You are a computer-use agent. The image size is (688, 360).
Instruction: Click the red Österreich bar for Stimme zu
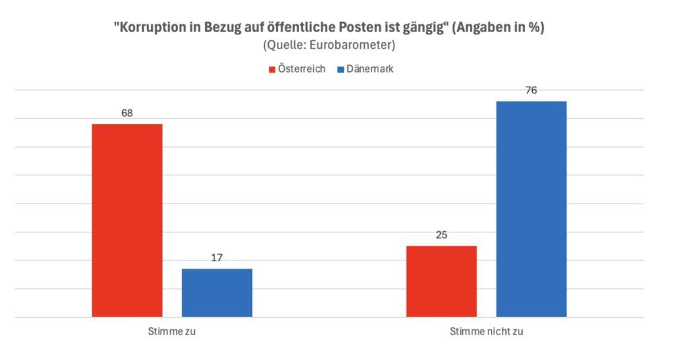pyautogui.click(x=127, y=220)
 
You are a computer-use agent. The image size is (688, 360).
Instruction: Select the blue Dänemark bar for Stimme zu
pyautogui.click(x=217, y=293)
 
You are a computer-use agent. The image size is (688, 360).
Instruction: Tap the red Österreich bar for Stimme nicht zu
pyautogui.click(x=441, y=281)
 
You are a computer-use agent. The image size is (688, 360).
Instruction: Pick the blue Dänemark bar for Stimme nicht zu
pyautogui.click(x=531, y=209)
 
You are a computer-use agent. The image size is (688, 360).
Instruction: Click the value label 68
pyautogui.click(x=127, y=113)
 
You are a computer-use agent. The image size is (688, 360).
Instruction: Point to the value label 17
pyautogui.click(x=217, y=257)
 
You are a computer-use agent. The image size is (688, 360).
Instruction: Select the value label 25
pyautogui.click(x=441, y=234)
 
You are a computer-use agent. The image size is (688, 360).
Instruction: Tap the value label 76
pyautogui.click(x=531, y=90)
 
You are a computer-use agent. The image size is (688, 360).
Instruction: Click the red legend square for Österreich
pyautogui.click(x=272, y=69)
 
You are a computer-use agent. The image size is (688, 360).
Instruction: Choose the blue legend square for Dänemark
pyautogui.click(x=341, y=69)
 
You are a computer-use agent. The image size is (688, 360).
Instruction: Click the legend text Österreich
pyautogui.click(x=302, y=69)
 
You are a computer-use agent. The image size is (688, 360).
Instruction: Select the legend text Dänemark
pyautogui.click(x=370, y=69)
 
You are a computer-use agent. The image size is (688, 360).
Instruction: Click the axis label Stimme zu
pyautogui.click(x=172, y=332)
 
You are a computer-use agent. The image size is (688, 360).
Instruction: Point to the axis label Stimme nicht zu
pyautogui.click(x=486, y=332)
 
